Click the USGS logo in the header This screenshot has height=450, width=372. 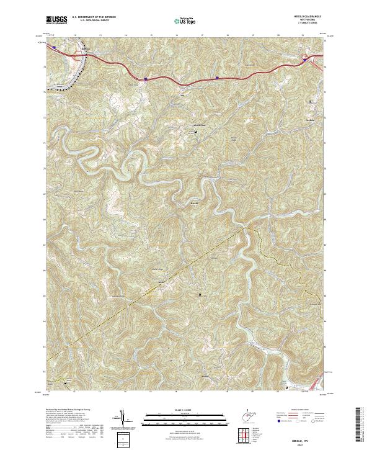point(57,20)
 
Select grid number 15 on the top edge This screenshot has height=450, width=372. point(151,35)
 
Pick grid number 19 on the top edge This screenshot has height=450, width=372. point(253,35)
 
